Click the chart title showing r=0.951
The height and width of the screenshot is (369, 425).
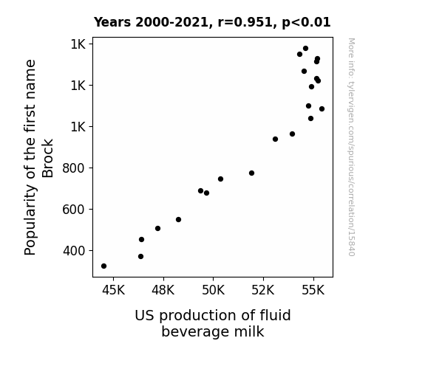[212, 22]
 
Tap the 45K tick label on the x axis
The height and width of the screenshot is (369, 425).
[113, 290]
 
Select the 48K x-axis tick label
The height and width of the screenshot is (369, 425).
[163, 290]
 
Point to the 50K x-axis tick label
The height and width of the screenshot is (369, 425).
[214, 290]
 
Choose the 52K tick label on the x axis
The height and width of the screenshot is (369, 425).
[263, 290]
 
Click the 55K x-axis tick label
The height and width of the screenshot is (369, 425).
[313, 290]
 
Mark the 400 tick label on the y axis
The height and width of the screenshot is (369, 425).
[74, 251]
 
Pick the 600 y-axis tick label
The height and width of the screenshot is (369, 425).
[74, 210]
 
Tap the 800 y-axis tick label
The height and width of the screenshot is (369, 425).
[74, 168]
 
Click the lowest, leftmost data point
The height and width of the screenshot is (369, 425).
[103, 266]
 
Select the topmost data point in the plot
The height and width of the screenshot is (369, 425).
[306, 49]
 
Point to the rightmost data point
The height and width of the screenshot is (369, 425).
[322, 108]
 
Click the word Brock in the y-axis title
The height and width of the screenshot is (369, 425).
[48, 158]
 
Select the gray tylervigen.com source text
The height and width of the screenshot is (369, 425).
[351, 147]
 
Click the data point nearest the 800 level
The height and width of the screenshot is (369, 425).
[251, 173]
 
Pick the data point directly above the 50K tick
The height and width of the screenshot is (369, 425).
[221, 179]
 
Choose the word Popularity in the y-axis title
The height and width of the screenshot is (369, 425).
[30, 220]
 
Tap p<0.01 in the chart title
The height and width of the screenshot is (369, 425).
[306, 22]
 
